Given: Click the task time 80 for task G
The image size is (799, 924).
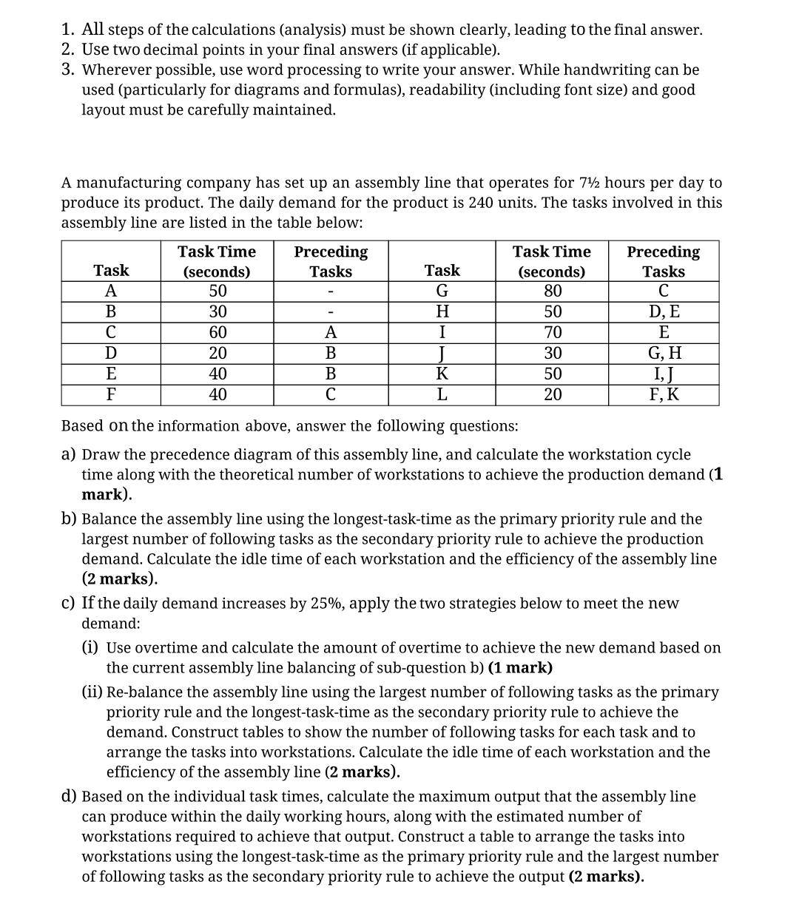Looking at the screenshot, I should click(x=552, y=291).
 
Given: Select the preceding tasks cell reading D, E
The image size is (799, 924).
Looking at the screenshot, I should click(x=663, y=311).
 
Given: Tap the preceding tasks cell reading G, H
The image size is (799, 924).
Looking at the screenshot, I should click(x=663, y=353).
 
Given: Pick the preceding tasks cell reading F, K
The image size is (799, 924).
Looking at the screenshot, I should click(x=663, y=394).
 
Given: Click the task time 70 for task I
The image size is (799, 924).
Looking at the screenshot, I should click(x=552, y=332).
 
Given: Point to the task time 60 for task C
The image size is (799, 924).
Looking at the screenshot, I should click(x=217, y=332).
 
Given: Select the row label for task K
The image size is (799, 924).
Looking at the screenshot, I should click(x=442, y=374).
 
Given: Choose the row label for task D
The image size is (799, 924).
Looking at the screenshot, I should click(x=111, y=353).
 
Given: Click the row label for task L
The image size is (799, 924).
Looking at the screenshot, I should click(x=442, y=394).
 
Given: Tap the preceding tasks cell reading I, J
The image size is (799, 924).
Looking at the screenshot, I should click(x=663, y=374).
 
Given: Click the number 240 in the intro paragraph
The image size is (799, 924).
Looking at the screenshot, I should click(x=482, y=203).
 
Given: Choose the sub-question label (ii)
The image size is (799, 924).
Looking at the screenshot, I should click(x=92, y=692).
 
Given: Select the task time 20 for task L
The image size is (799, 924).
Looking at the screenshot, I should click(x=552, y=394).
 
